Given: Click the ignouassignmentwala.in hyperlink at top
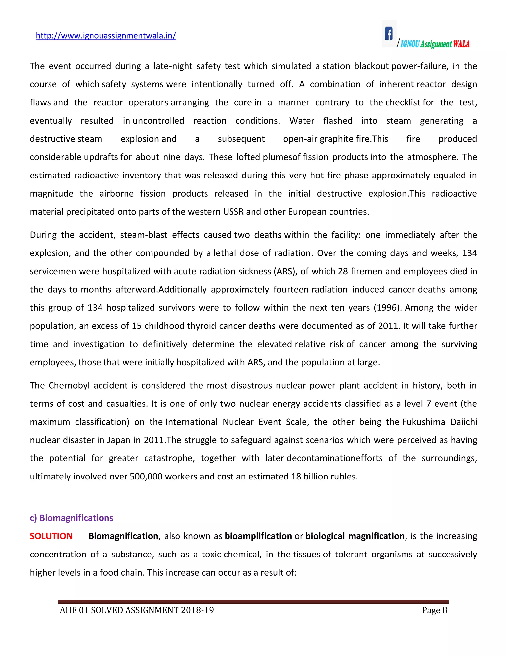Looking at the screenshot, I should [x=106, y=36].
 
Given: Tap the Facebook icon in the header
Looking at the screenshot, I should [x=389, y=34].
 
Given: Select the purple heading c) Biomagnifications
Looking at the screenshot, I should [x=72, y=518].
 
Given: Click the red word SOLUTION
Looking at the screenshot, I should [x=51, y=536].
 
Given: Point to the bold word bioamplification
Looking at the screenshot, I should [x=258, y=536].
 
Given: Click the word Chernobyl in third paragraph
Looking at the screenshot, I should [x=69, y=385].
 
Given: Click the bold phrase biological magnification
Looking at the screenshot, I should [x=355, y=536].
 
